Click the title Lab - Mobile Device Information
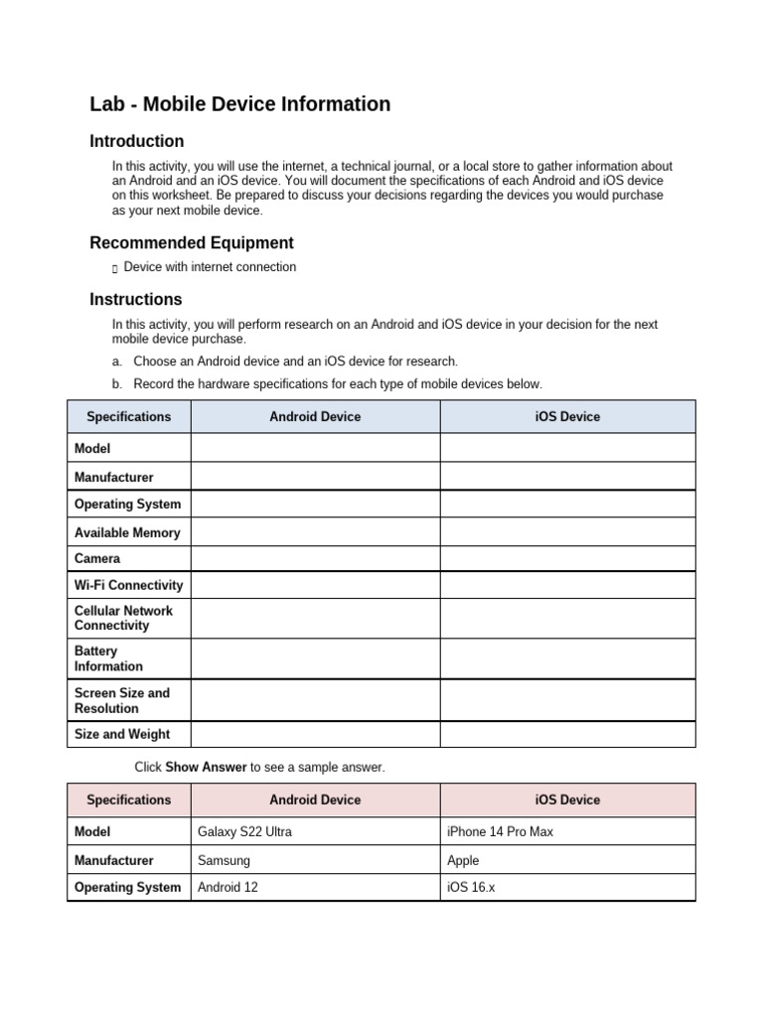pyautogui.click(x=239, y=104)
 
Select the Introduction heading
pyautogui.click(x=136, y=142)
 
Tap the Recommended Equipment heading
pyautogui.click(x=191, y=243)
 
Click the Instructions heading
pyautogui.click(x=135, y=299)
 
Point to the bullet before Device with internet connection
pyautogui.click(x=115, y=268)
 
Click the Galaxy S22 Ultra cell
pyautogui.click(x=244, y=831)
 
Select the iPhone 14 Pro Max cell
pyautogui.click(x=501, y=831)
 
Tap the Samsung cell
pyautogui.click(x=225, y=860)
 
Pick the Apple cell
pyautogui.click(x=463, y=860)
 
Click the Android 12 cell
pyautogui.click(x=228, y=887)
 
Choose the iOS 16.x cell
pyautogui.click(x=471, y=887)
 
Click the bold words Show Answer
pyautogui.click(x=206, y=767)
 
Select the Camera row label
pyautogui.click(x=97, y=558)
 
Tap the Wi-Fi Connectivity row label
pyautogui.click(x=128, y=585)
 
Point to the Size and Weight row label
pyautogui.click(x=122, y=734)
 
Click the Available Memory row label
pyautogui.click(x=127, y=532)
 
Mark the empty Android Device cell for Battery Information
pyautogui.click(x=315, y=658)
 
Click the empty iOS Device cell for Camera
pyautogui.click(x=567, y=558)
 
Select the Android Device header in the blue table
pyautogui.click(x=315, y=417)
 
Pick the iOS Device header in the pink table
pyautogui.click(x=567, y=799)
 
